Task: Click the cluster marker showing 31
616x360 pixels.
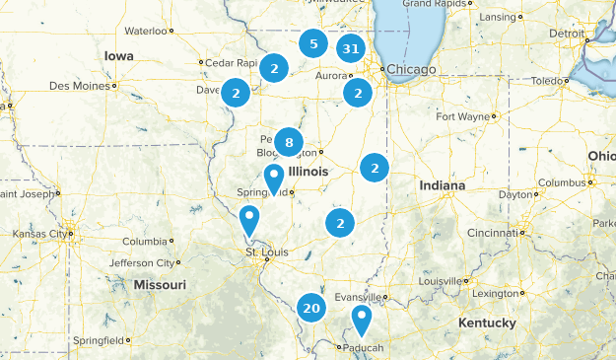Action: pos(350,48)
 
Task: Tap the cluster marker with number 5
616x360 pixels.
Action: pos(312,43)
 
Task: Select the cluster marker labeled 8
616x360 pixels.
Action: pos(288,143)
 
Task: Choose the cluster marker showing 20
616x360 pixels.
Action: pos(312,308)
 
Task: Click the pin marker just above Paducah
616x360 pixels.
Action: pos(362,320)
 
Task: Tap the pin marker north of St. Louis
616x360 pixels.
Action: pos(249,219)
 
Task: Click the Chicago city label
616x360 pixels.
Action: pos(411,69)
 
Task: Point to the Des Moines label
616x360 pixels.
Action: pos(80,86)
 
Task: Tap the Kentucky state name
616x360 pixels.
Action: pos(487,323)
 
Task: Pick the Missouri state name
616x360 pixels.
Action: pos(160,284)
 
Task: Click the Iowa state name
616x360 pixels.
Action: pos(118,56)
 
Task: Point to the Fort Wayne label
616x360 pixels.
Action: pos(462,116)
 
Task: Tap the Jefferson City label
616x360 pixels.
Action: pos(140,263)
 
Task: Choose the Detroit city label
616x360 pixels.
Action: pos(567,33)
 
